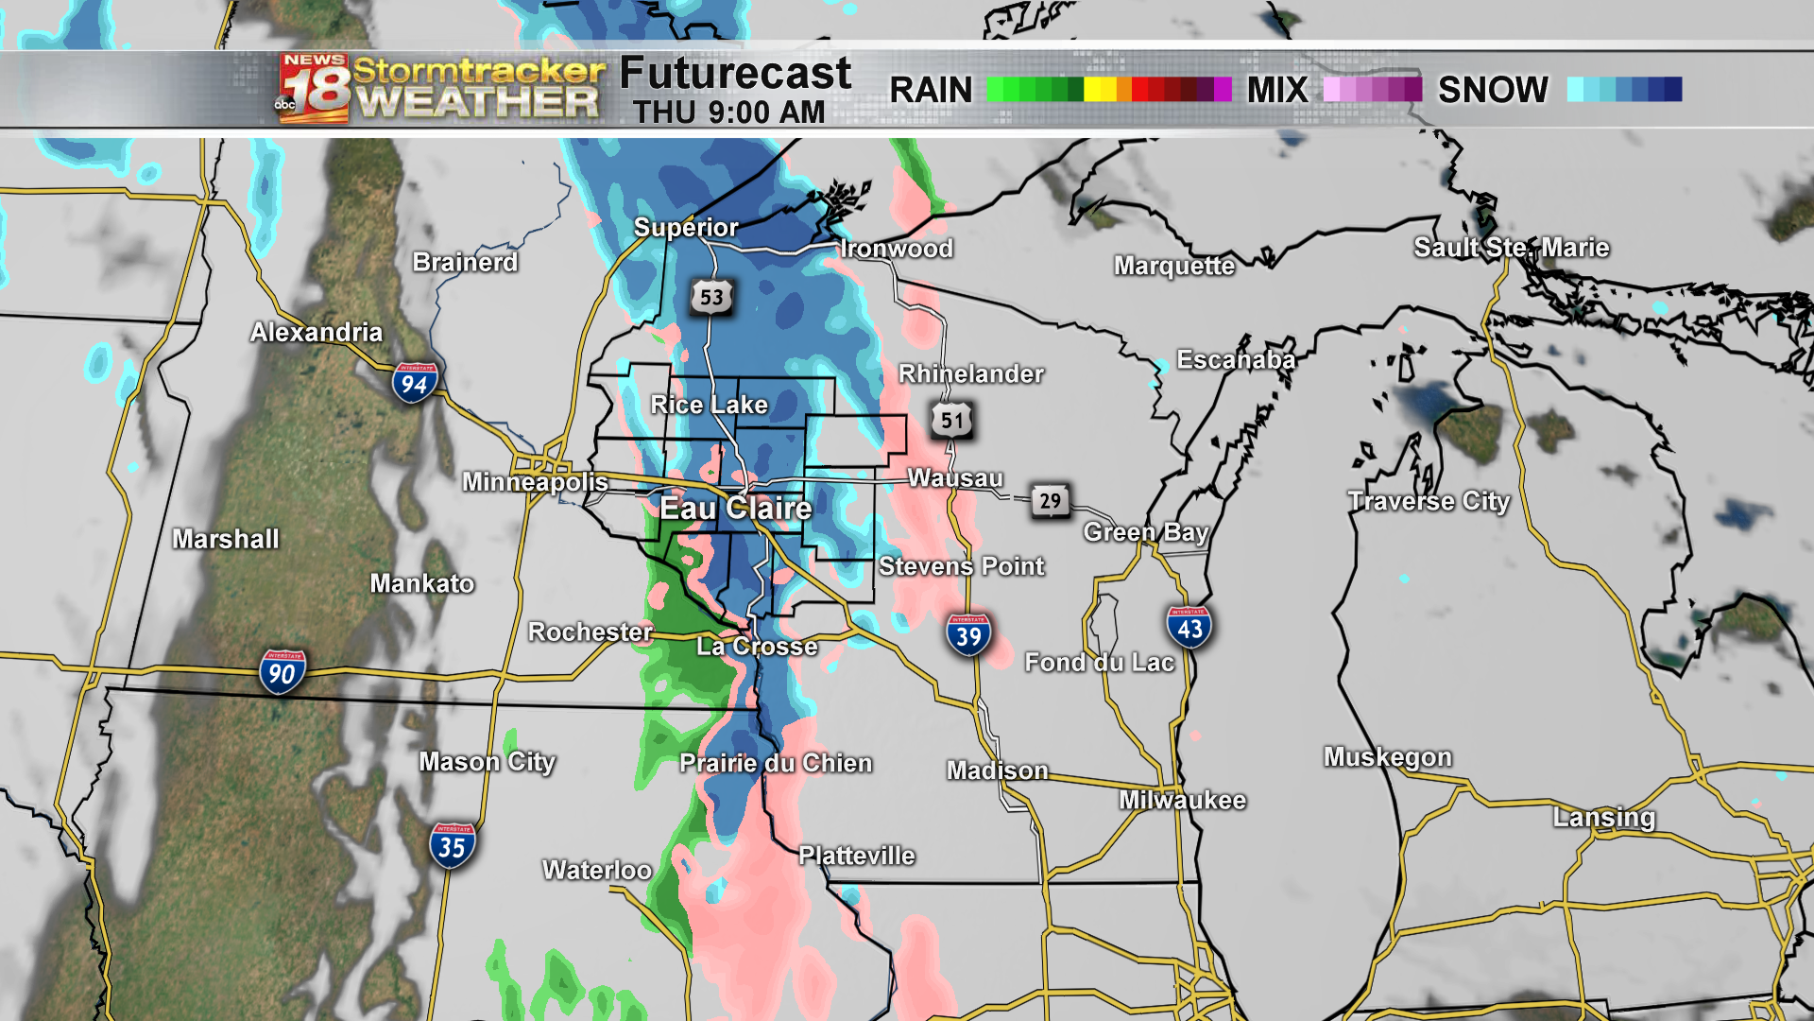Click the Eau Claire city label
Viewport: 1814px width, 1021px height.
[735, 508]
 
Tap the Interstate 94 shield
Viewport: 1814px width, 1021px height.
[414, 383]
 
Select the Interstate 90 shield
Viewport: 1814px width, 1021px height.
[282, 672]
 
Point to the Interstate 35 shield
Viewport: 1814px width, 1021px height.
[452, 846]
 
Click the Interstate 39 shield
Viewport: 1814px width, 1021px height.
[968, 635]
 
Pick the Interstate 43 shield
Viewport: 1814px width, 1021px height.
[1189, 627]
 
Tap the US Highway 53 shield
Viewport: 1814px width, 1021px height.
[711, 297]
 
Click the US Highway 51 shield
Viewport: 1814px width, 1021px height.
[951, 420]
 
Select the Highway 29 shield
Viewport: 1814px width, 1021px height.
[1050, 500]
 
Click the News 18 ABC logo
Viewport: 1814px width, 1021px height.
[314, 89]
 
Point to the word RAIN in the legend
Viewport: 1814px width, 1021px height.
[931, 90]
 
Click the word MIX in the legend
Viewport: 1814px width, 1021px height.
[1277, 90]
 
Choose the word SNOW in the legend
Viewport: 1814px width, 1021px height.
[1493, 90]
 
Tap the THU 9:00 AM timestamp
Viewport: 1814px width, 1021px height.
[728, 112]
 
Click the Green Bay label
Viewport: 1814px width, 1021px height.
[1146, 532]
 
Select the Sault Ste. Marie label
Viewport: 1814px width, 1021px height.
[1511, 248]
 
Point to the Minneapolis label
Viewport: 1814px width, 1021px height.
[535, 482]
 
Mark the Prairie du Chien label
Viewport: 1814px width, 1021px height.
[776, 763]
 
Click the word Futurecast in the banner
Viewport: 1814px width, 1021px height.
[735, 73]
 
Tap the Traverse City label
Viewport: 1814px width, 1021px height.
[1429, 501]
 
